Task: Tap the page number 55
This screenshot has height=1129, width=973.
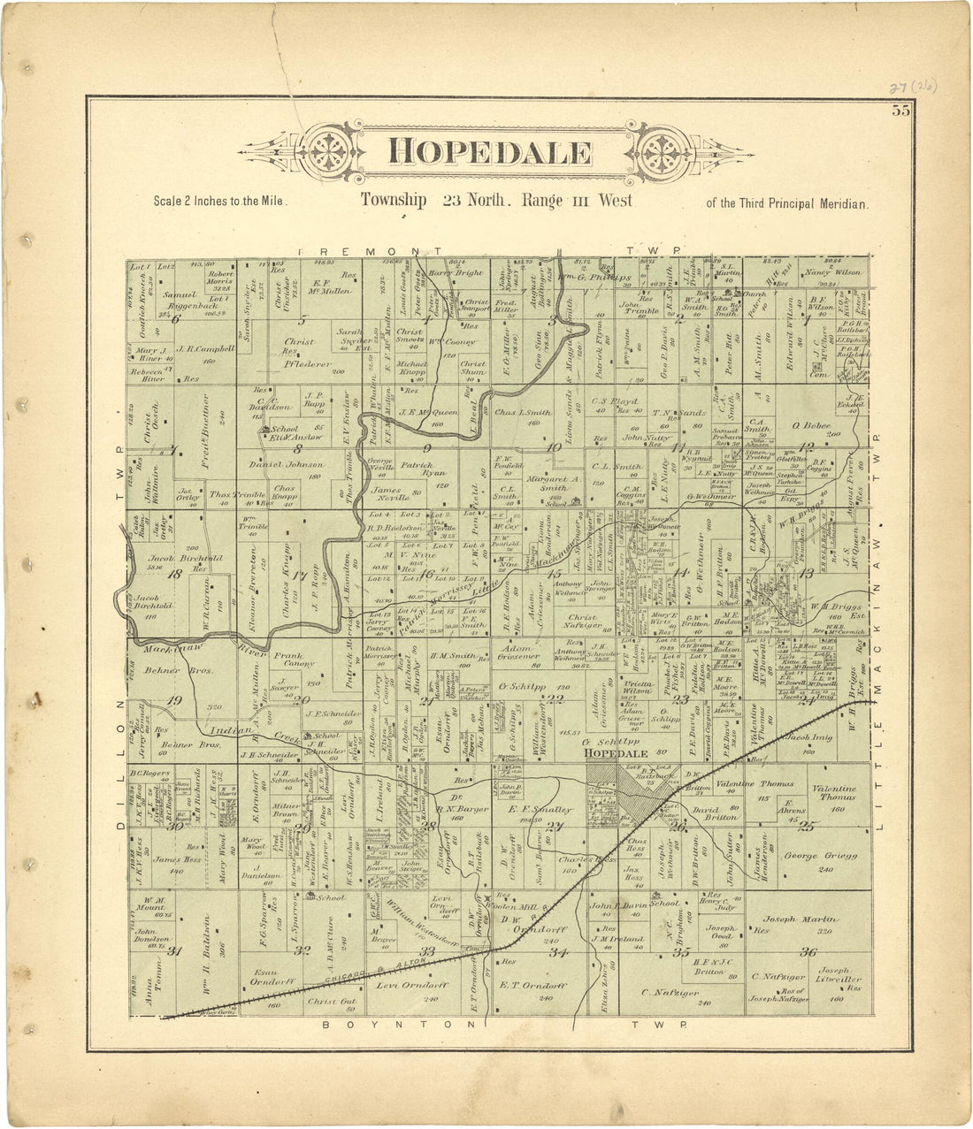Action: pos(901,111)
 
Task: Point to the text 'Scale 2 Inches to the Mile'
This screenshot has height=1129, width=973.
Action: pos(220,202)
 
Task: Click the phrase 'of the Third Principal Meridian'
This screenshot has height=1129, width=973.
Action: pos(787,202)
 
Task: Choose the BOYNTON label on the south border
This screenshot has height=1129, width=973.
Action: pos(364,1024)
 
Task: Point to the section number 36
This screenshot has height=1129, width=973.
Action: pos(807,951)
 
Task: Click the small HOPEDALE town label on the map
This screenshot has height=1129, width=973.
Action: pos(626,752)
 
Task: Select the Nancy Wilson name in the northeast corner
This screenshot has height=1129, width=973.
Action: pos(832,273)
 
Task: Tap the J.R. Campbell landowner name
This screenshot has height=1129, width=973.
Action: pos(210,348)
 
